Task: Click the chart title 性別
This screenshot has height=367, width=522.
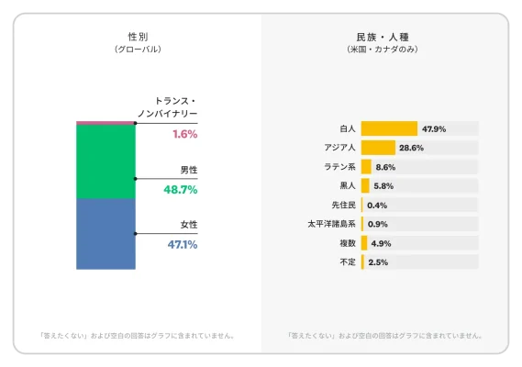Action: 138,36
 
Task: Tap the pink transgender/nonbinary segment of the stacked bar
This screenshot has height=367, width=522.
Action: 106,122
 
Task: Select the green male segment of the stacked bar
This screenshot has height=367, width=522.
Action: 106,161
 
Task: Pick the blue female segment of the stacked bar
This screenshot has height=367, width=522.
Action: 106,234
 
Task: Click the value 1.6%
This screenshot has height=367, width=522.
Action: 184,134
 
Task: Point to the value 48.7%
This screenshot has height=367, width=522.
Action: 181,189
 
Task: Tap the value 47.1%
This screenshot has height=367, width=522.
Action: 182,245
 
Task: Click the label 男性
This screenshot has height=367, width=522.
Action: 188,170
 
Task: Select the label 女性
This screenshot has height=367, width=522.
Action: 188,225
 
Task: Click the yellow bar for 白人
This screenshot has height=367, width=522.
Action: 389,128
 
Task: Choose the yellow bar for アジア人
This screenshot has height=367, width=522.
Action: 378,148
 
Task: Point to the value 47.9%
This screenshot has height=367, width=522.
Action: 434,129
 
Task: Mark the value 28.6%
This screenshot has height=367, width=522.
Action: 412,148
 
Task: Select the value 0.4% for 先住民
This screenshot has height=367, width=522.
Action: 376,205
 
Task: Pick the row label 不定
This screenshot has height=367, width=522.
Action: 346,262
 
